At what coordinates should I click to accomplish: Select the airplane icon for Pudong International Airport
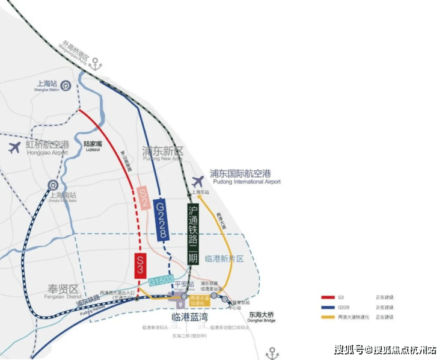point(198,181)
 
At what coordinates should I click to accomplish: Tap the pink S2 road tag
point(143,197)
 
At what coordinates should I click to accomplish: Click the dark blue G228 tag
point(161,220)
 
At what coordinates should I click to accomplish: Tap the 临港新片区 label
point(224,258)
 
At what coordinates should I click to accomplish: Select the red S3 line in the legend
point(328,297)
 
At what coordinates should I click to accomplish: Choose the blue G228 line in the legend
point(328,307)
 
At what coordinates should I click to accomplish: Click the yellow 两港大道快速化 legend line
point(328,317)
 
